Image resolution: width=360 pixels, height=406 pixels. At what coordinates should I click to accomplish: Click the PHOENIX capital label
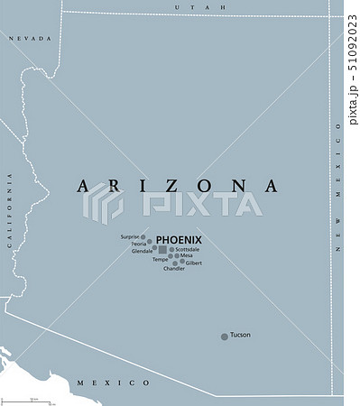[x=179, y=239]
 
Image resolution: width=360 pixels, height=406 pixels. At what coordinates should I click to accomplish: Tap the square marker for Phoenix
[x=162, y=250]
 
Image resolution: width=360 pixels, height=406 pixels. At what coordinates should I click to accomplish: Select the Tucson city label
[x=240, y=335]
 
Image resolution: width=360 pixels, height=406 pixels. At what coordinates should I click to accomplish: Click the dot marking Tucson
[x=225, y=337]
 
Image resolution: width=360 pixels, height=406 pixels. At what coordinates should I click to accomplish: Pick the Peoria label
[x=139, y=244]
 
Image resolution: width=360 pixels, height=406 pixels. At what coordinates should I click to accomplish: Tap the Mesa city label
[x=187, y=255]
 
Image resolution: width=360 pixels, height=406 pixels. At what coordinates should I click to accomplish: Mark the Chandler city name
[x=173, y=269]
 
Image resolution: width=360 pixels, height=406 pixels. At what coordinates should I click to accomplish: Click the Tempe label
[x=160, y=259]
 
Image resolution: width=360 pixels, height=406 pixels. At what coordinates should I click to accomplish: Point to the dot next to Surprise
[x=143, y=237]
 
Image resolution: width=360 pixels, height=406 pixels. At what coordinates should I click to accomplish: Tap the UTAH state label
[x=184, y=6]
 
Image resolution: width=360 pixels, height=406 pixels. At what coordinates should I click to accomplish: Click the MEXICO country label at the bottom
[x=113, y=383]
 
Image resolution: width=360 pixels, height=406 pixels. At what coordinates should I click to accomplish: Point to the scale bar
[x=32, y=398]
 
